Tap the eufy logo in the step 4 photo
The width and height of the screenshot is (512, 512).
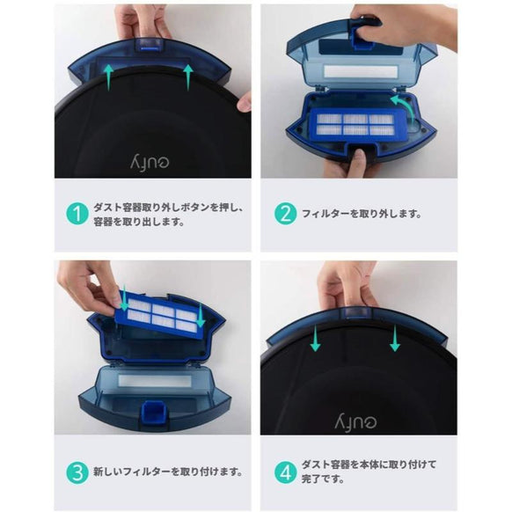click(356, 415)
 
